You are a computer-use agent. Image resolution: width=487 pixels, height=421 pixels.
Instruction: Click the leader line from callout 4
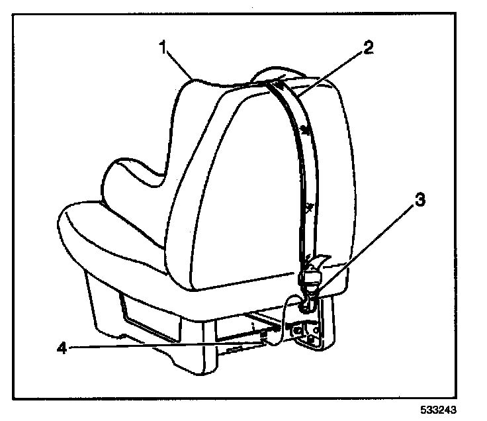(x=165, y=344)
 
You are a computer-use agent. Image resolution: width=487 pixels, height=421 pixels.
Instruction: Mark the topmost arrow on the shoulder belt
(x=281, y=84)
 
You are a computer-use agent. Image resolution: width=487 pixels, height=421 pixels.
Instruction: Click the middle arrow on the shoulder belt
(x=304, y=129)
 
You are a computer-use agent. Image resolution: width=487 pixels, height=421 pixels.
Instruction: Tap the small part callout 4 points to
(x=265, y=336)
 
